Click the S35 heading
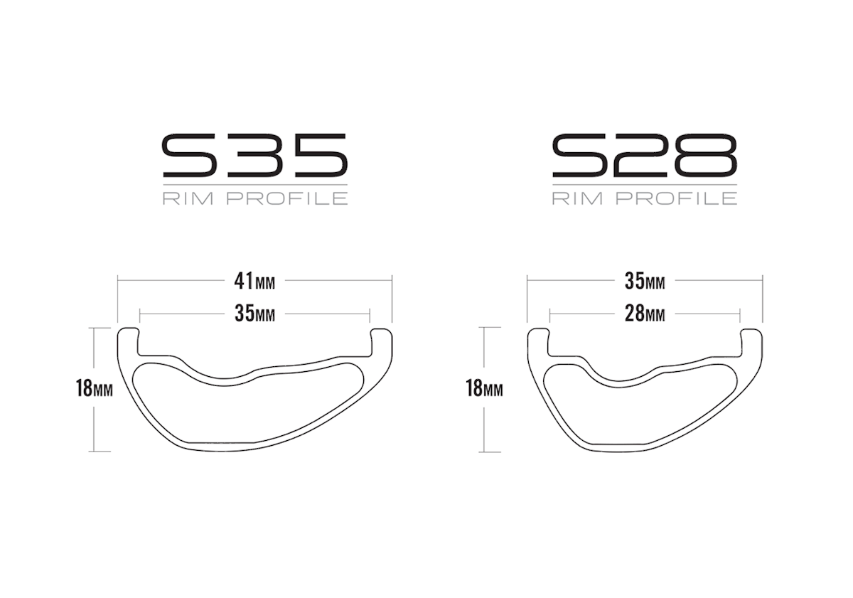coord(255,156)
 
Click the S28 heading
coord(645,156)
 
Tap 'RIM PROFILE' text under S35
coord(255,198)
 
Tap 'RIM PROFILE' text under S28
coord(645,198)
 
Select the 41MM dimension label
coord(254,282)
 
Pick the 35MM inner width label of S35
coord(254,314)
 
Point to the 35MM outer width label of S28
coord(645,282)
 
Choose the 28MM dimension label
coord(645,314)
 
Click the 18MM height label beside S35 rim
coord(94,388)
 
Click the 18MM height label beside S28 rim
coord(484,388)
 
